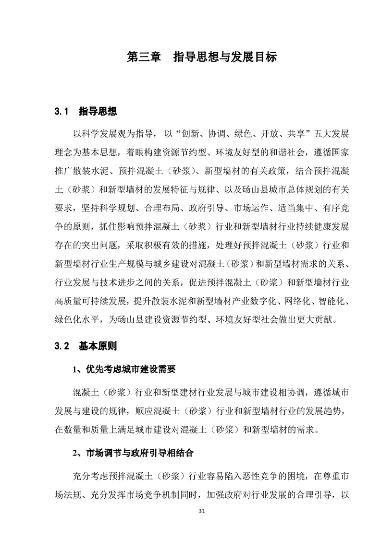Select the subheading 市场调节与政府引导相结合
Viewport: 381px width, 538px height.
(140, 452)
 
